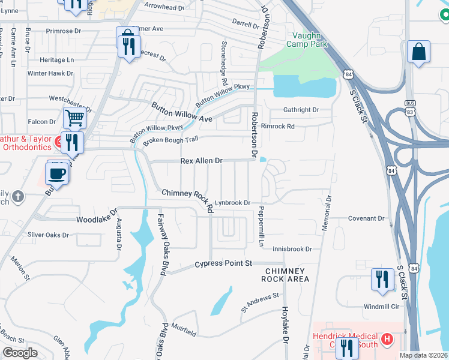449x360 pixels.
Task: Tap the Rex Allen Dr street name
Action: coord(202,161)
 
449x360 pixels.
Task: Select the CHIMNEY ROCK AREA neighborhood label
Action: coord(286,275)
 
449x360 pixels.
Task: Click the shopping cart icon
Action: coord(74,118)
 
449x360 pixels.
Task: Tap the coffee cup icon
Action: coord(57,173)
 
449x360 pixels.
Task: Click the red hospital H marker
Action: coord(387,340)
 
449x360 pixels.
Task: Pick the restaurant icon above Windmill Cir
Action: coord(381,279)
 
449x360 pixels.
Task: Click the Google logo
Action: coord(19,353)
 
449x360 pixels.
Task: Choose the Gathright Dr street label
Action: coord(301,110)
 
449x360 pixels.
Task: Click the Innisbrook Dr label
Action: coord(292,248)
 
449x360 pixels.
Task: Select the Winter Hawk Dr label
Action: coord(50,73)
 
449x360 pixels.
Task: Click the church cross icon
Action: coord(18,196)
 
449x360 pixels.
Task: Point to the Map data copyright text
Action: coord(423,355)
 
